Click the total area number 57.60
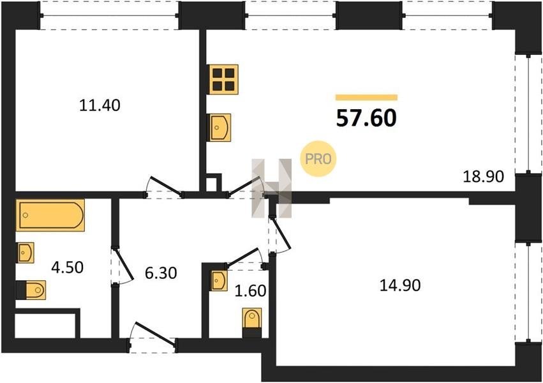click(366, 118)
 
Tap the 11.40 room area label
click(100, 105)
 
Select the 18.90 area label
click(484, 177)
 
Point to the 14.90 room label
click(400, 286)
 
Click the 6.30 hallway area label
click(161, 273)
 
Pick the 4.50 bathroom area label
click(67, 267)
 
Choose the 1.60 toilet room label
click(250, 291)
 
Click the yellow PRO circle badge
click(318, 159)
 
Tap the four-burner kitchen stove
click(224, 79)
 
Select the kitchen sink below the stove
click(219, 128)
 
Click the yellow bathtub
click(50, 215)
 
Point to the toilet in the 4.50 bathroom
click(31, 290)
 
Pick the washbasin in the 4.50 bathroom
click(26, 252)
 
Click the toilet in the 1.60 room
click(252, 322)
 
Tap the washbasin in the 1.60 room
click(219, 281)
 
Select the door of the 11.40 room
click(164, 188)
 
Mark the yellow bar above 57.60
click(366, 97)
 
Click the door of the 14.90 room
click(279, 234)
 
